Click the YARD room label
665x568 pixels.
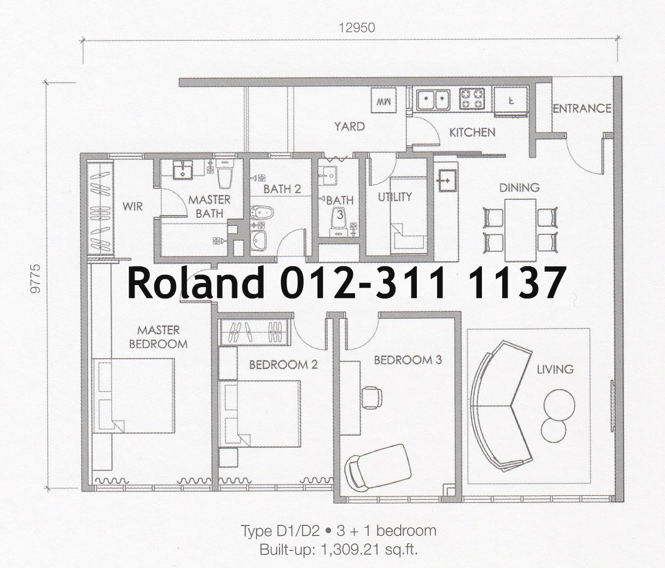coord(350,126)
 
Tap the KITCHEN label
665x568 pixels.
coord(472,132)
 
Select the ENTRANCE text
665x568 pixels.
coord(582,108)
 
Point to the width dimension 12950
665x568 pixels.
coord(357,28)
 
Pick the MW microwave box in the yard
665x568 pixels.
coord(384,100)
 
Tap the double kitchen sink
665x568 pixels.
coord(433,100)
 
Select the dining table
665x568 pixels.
coord(520,230)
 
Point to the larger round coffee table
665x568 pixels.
coord(559,405)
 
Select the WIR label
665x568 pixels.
coord(132,206)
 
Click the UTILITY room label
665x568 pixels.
coord(395,196)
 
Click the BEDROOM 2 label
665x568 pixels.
coord(283,365)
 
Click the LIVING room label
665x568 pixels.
coord(555,369)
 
